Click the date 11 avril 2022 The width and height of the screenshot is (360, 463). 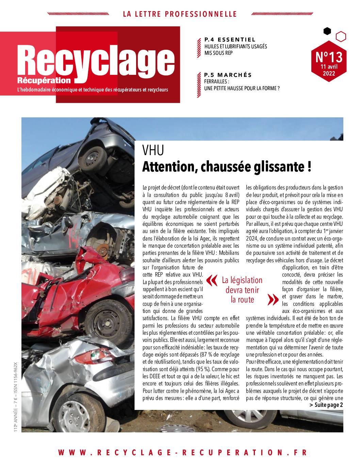pyautogui.click(x=329, y=70)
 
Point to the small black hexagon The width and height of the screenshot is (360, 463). pyautogui.click(x=327, y=31)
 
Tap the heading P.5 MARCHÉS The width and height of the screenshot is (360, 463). pyautogui.click(x=228, y=75)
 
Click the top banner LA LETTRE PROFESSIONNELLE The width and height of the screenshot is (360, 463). pyautogui.click(x=180, y=14)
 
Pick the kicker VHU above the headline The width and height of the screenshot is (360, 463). pyautogui.click(x=153, y=150)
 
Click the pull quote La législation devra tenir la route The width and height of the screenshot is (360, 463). pyautogui.click(x=242, y=290)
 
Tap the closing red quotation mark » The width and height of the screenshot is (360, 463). pyautogui.click(x=272, y=299)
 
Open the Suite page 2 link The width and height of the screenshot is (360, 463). pyautogui.click(x=326, y=405)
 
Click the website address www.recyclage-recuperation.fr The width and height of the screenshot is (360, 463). pyautogui.click(x=183, y=452)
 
